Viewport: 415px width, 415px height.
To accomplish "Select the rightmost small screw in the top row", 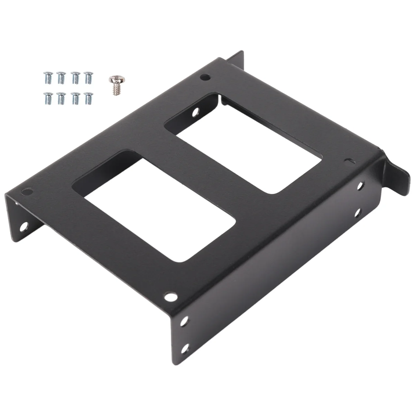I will pos(88,76).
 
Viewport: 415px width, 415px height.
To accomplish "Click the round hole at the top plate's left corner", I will pos(26,191).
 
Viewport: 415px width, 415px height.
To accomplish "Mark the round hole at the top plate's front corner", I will pos(169,296).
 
